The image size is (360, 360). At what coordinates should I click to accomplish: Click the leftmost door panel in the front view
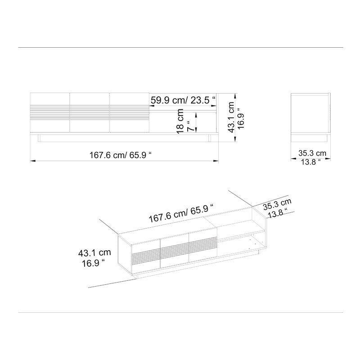coord(49,112)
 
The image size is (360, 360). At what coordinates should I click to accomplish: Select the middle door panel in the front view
coord(90,112)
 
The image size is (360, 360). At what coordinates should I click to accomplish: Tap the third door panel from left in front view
coord(129,112)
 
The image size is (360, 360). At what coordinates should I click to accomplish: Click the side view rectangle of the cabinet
coord(310,112)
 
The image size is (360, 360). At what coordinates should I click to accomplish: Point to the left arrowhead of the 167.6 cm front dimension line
coord(32,160)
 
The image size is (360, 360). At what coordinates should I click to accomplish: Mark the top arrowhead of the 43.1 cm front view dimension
coord(235,95)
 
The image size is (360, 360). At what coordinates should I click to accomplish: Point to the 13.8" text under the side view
coord(310,162)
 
